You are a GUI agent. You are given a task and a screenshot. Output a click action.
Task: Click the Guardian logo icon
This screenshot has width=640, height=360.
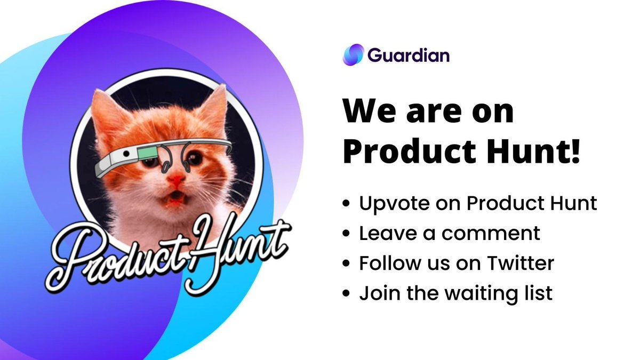353,55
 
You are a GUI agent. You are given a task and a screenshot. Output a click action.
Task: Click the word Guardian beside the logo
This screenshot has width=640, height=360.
408,55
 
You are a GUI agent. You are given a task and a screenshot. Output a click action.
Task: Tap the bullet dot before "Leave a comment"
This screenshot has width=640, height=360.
347,234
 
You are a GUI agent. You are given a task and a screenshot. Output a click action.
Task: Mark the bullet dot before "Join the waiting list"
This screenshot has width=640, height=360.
347,294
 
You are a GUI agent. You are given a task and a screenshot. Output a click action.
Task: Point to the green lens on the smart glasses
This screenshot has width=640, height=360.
145,155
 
